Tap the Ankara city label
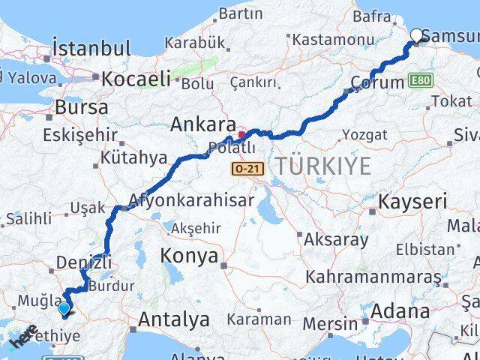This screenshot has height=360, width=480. [199, 124]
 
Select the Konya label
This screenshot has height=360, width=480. [189, 256]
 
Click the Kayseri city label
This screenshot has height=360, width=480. [412, 201]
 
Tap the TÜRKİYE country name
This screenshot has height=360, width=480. [322, 166]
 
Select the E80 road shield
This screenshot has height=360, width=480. [421, 79]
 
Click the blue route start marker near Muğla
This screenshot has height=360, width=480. [64, 307]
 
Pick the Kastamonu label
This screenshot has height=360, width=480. [322, 38]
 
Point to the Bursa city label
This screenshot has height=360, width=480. [81, 107]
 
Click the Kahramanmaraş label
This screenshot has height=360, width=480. [373, 277]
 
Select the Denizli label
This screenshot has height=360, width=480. [82, 262]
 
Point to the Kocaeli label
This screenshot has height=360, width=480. [136, 79]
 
